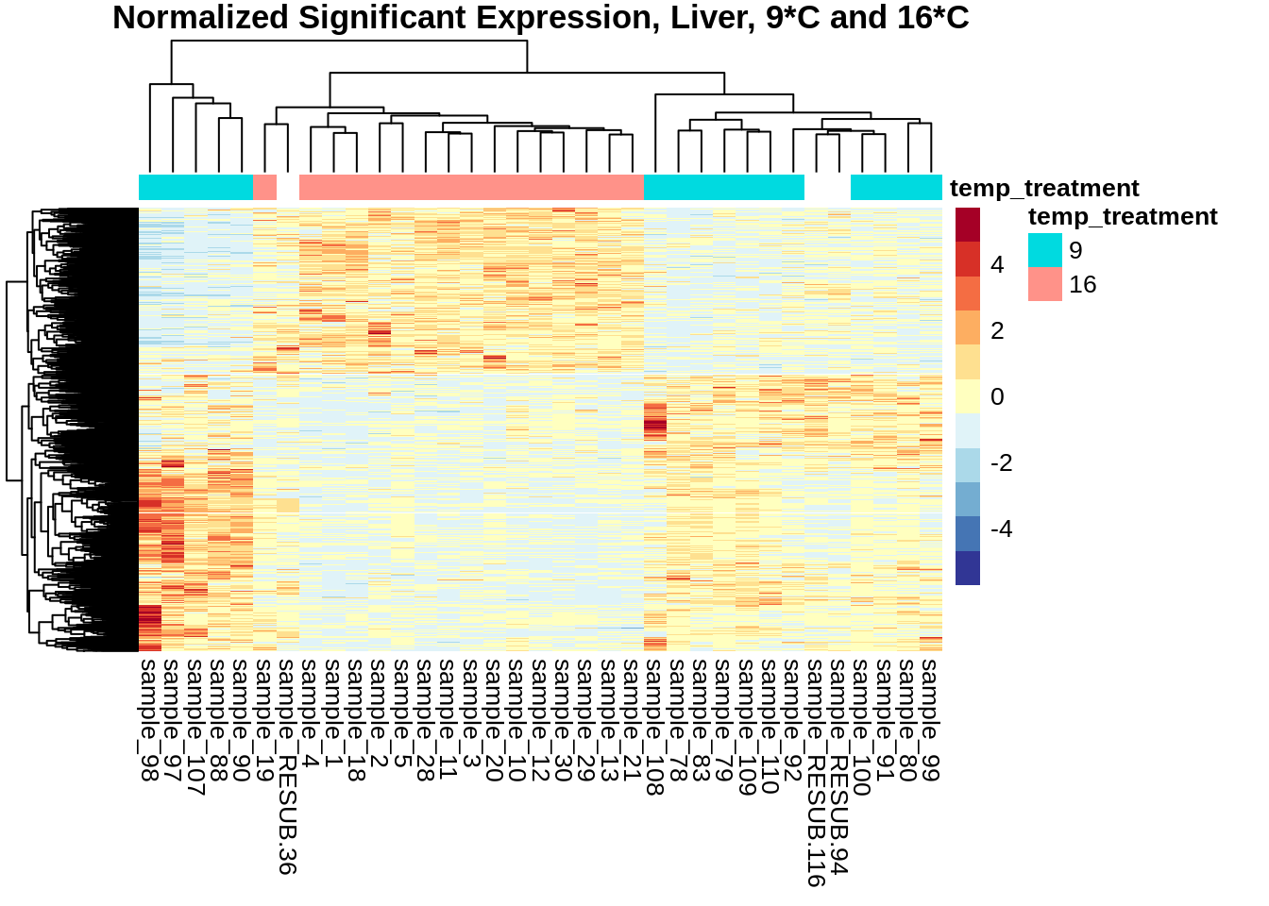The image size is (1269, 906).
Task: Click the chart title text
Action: click(540, 18)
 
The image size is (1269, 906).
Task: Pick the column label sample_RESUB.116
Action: click(816, 773)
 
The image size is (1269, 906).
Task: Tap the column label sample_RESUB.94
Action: click(838, 766)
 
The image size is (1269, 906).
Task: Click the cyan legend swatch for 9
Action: click(1045, 250)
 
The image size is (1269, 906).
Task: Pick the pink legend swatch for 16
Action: click(1045, 284)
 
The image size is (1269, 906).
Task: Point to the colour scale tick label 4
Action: click(997, 265)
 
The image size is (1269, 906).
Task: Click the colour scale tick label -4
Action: click(1001, 529)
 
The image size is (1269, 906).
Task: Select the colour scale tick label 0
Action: click(997, 397)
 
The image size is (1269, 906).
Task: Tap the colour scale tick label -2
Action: click(1001, 463)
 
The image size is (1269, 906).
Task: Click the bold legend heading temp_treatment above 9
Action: click(1123, 217)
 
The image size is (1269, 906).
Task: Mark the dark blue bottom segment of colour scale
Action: click(968, 568)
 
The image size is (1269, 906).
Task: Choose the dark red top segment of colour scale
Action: click(968, 225)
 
